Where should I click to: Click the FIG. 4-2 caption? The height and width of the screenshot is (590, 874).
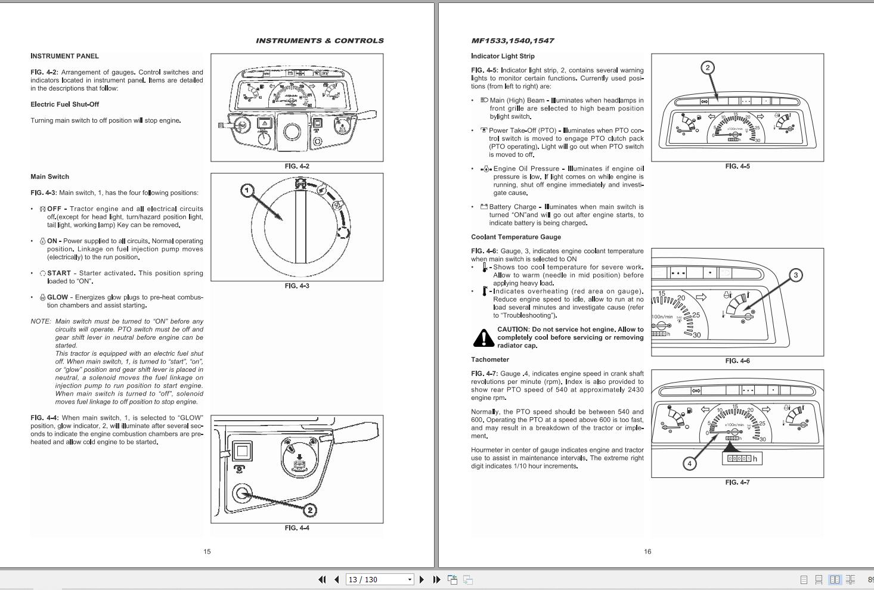point(297,166)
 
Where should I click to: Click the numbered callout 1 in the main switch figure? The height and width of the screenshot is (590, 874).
point(247,190)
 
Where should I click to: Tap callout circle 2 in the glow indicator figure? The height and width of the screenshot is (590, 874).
point(310,510)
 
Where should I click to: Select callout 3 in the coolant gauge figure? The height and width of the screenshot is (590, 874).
point(795,275)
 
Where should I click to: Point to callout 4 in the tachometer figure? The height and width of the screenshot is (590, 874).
point(689,463)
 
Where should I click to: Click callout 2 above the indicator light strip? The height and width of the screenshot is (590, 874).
point(708,67)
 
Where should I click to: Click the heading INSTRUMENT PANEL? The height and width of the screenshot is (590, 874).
point(64,56)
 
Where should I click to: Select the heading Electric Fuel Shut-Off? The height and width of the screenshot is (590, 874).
point(64,104)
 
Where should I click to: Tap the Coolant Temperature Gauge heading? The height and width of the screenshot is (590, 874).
point(516,237)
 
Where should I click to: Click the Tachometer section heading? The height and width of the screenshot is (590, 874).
point(490,359)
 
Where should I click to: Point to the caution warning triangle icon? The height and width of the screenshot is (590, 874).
point(483,338)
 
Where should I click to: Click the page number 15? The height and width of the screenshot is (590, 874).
point(207,551)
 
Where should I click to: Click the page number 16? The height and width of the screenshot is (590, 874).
point(647,551)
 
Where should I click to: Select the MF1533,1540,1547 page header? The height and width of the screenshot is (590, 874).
point(512,41)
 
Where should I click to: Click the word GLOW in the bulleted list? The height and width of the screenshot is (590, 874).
point(58,297)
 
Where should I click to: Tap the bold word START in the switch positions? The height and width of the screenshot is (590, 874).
point(59,273)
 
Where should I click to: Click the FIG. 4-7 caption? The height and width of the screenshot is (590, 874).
point(737,482)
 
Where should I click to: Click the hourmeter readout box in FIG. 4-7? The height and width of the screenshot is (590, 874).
point(742,458)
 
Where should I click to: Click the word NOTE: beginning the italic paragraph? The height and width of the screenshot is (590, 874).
point(41,321)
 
